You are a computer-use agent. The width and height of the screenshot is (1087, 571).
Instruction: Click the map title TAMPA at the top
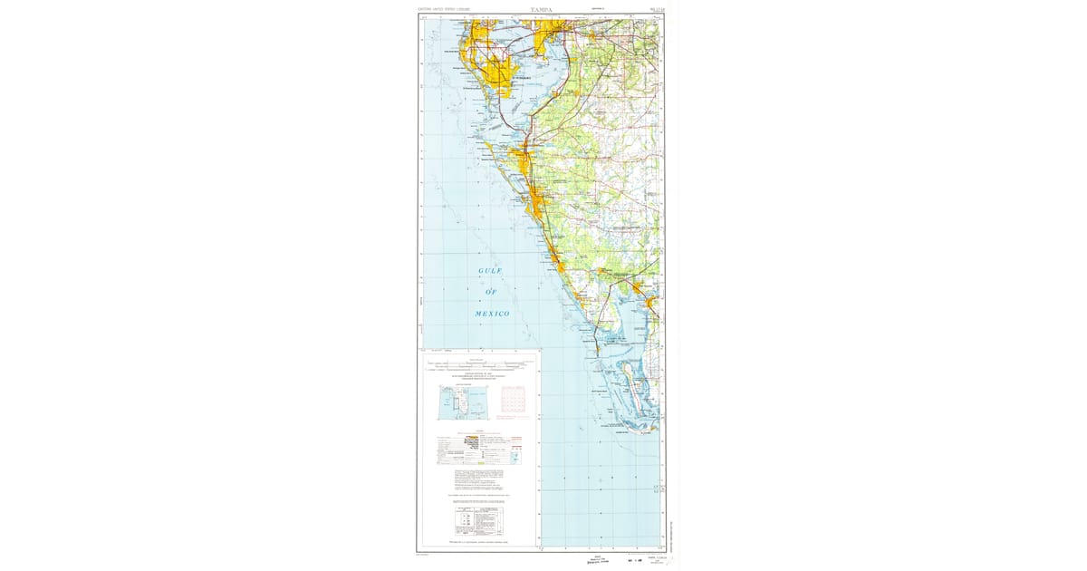click(540, 10)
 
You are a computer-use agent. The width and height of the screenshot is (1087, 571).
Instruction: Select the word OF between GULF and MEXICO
click(492, 292)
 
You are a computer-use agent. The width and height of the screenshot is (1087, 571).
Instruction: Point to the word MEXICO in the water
click(492, 314)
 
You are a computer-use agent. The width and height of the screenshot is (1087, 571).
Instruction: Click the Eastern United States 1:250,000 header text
click(444, 10)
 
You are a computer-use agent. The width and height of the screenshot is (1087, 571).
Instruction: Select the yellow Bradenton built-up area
click(523, 161)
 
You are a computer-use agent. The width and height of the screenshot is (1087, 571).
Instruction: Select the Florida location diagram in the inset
click(457, 402)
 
